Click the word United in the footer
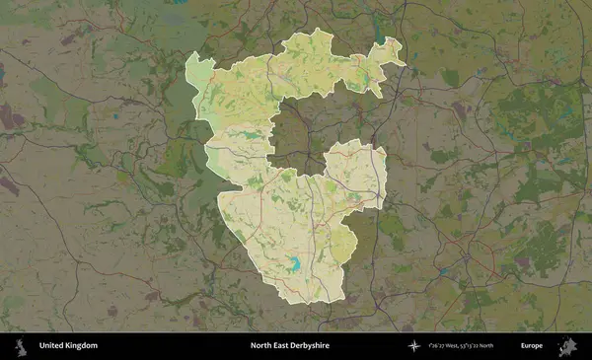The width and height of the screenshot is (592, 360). (52, 346)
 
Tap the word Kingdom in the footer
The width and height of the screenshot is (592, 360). (82, 346)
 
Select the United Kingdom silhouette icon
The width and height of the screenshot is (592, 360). (19, 346)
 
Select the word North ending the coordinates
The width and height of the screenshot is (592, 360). (511, 346)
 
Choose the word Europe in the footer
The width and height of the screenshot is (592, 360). (532, 346)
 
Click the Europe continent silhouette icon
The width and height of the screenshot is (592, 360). (568, 346)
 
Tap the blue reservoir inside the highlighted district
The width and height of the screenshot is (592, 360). (294, 263)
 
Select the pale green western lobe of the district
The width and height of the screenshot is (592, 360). (201, 73)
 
